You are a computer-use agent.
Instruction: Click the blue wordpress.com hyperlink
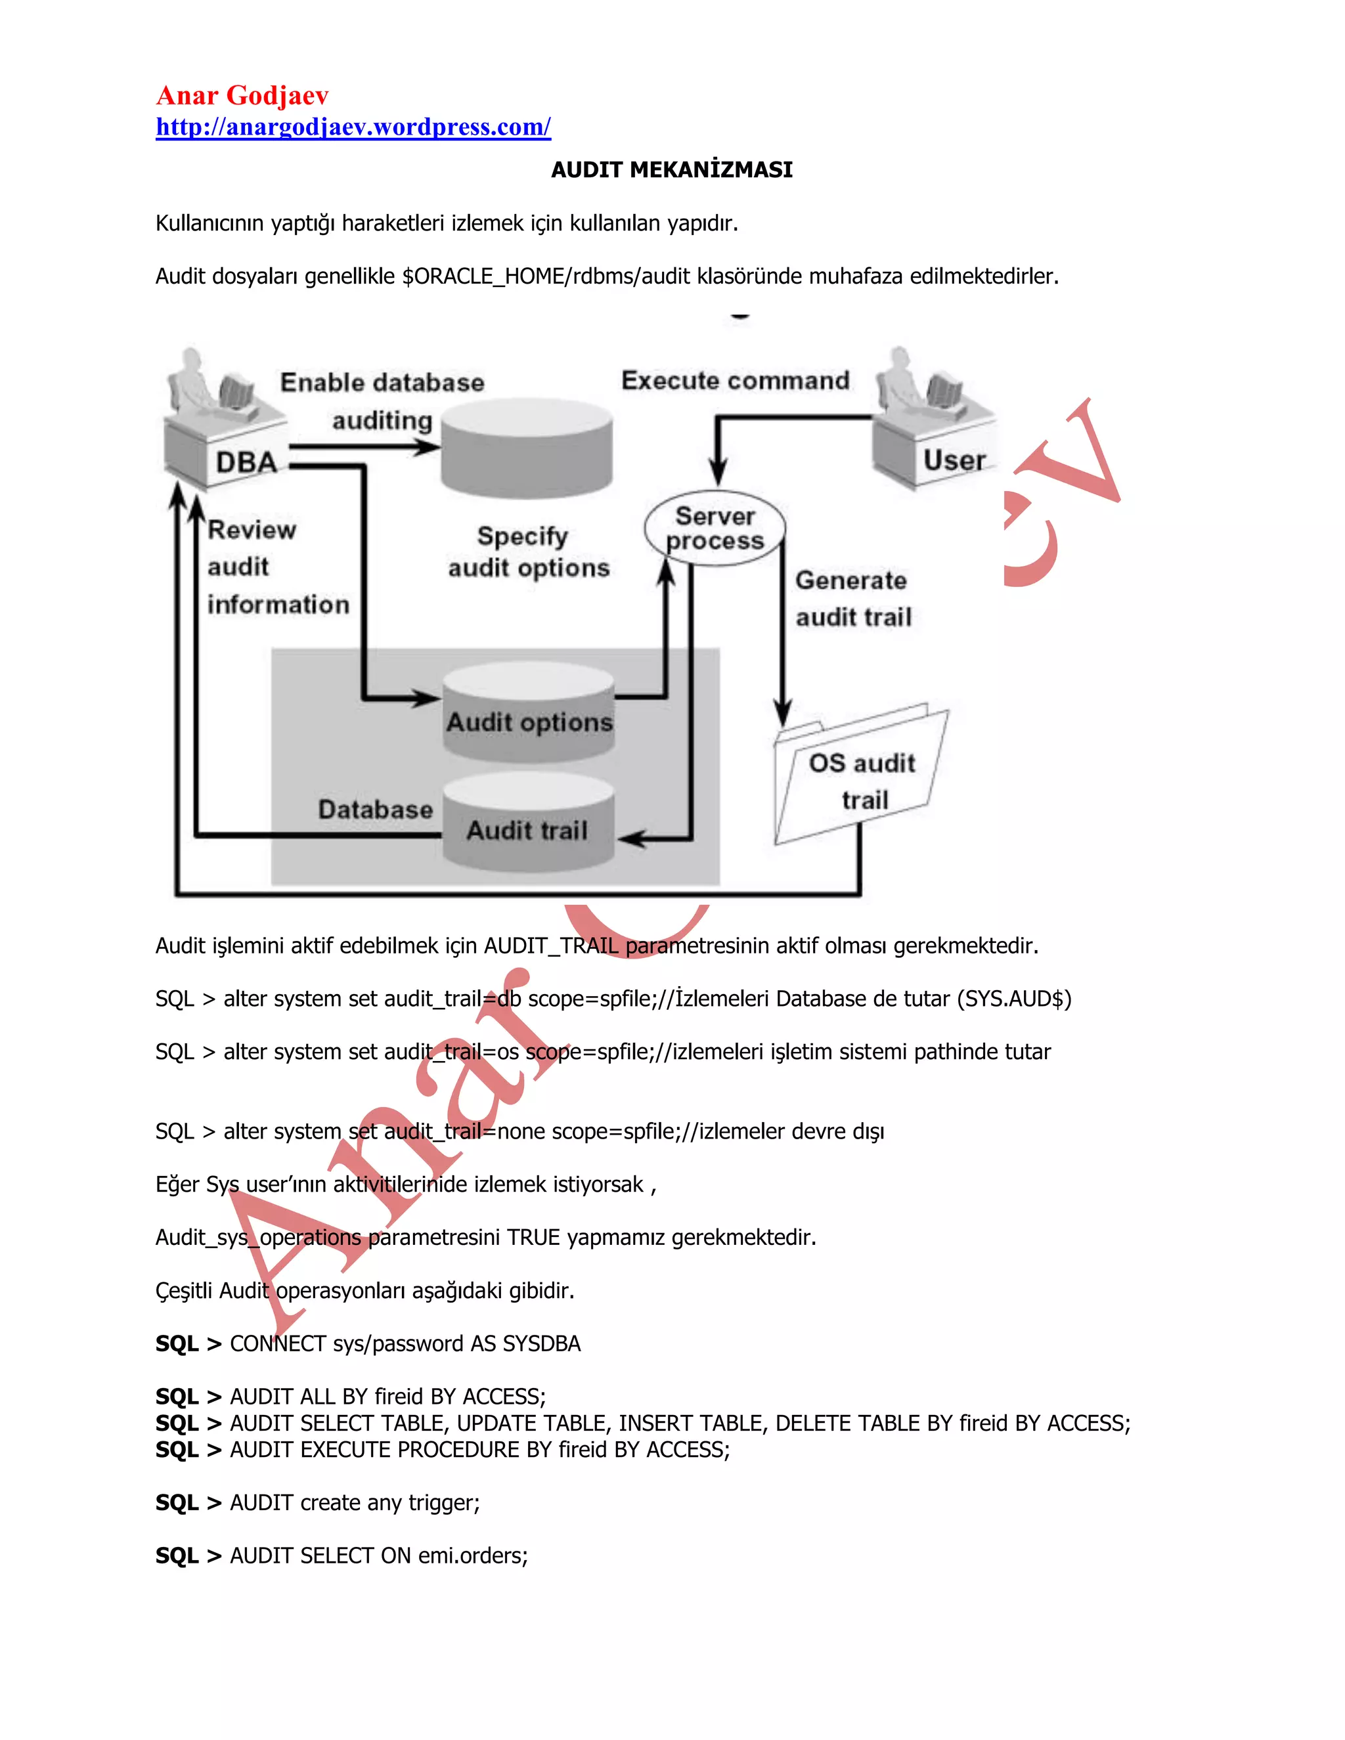point(353,127)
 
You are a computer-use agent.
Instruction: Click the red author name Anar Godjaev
point(242,96)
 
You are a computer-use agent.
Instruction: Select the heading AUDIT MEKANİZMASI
point(672,169)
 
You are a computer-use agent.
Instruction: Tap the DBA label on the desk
point(246,462)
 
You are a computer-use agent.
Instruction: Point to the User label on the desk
point(954,460)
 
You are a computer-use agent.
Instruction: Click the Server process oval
point(715,528)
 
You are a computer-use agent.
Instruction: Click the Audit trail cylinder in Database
point(527,825)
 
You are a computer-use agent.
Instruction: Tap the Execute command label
point(735,380)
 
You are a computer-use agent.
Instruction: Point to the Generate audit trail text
point(852,598)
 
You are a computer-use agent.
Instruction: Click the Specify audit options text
point(527,552)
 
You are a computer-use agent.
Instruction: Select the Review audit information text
point(277,567)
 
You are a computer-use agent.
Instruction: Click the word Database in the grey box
point(375,810)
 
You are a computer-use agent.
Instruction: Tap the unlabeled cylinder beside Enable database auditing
point(527,450)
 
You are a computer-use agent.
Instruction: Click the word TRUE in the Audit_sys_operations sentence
point(533,1237)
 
